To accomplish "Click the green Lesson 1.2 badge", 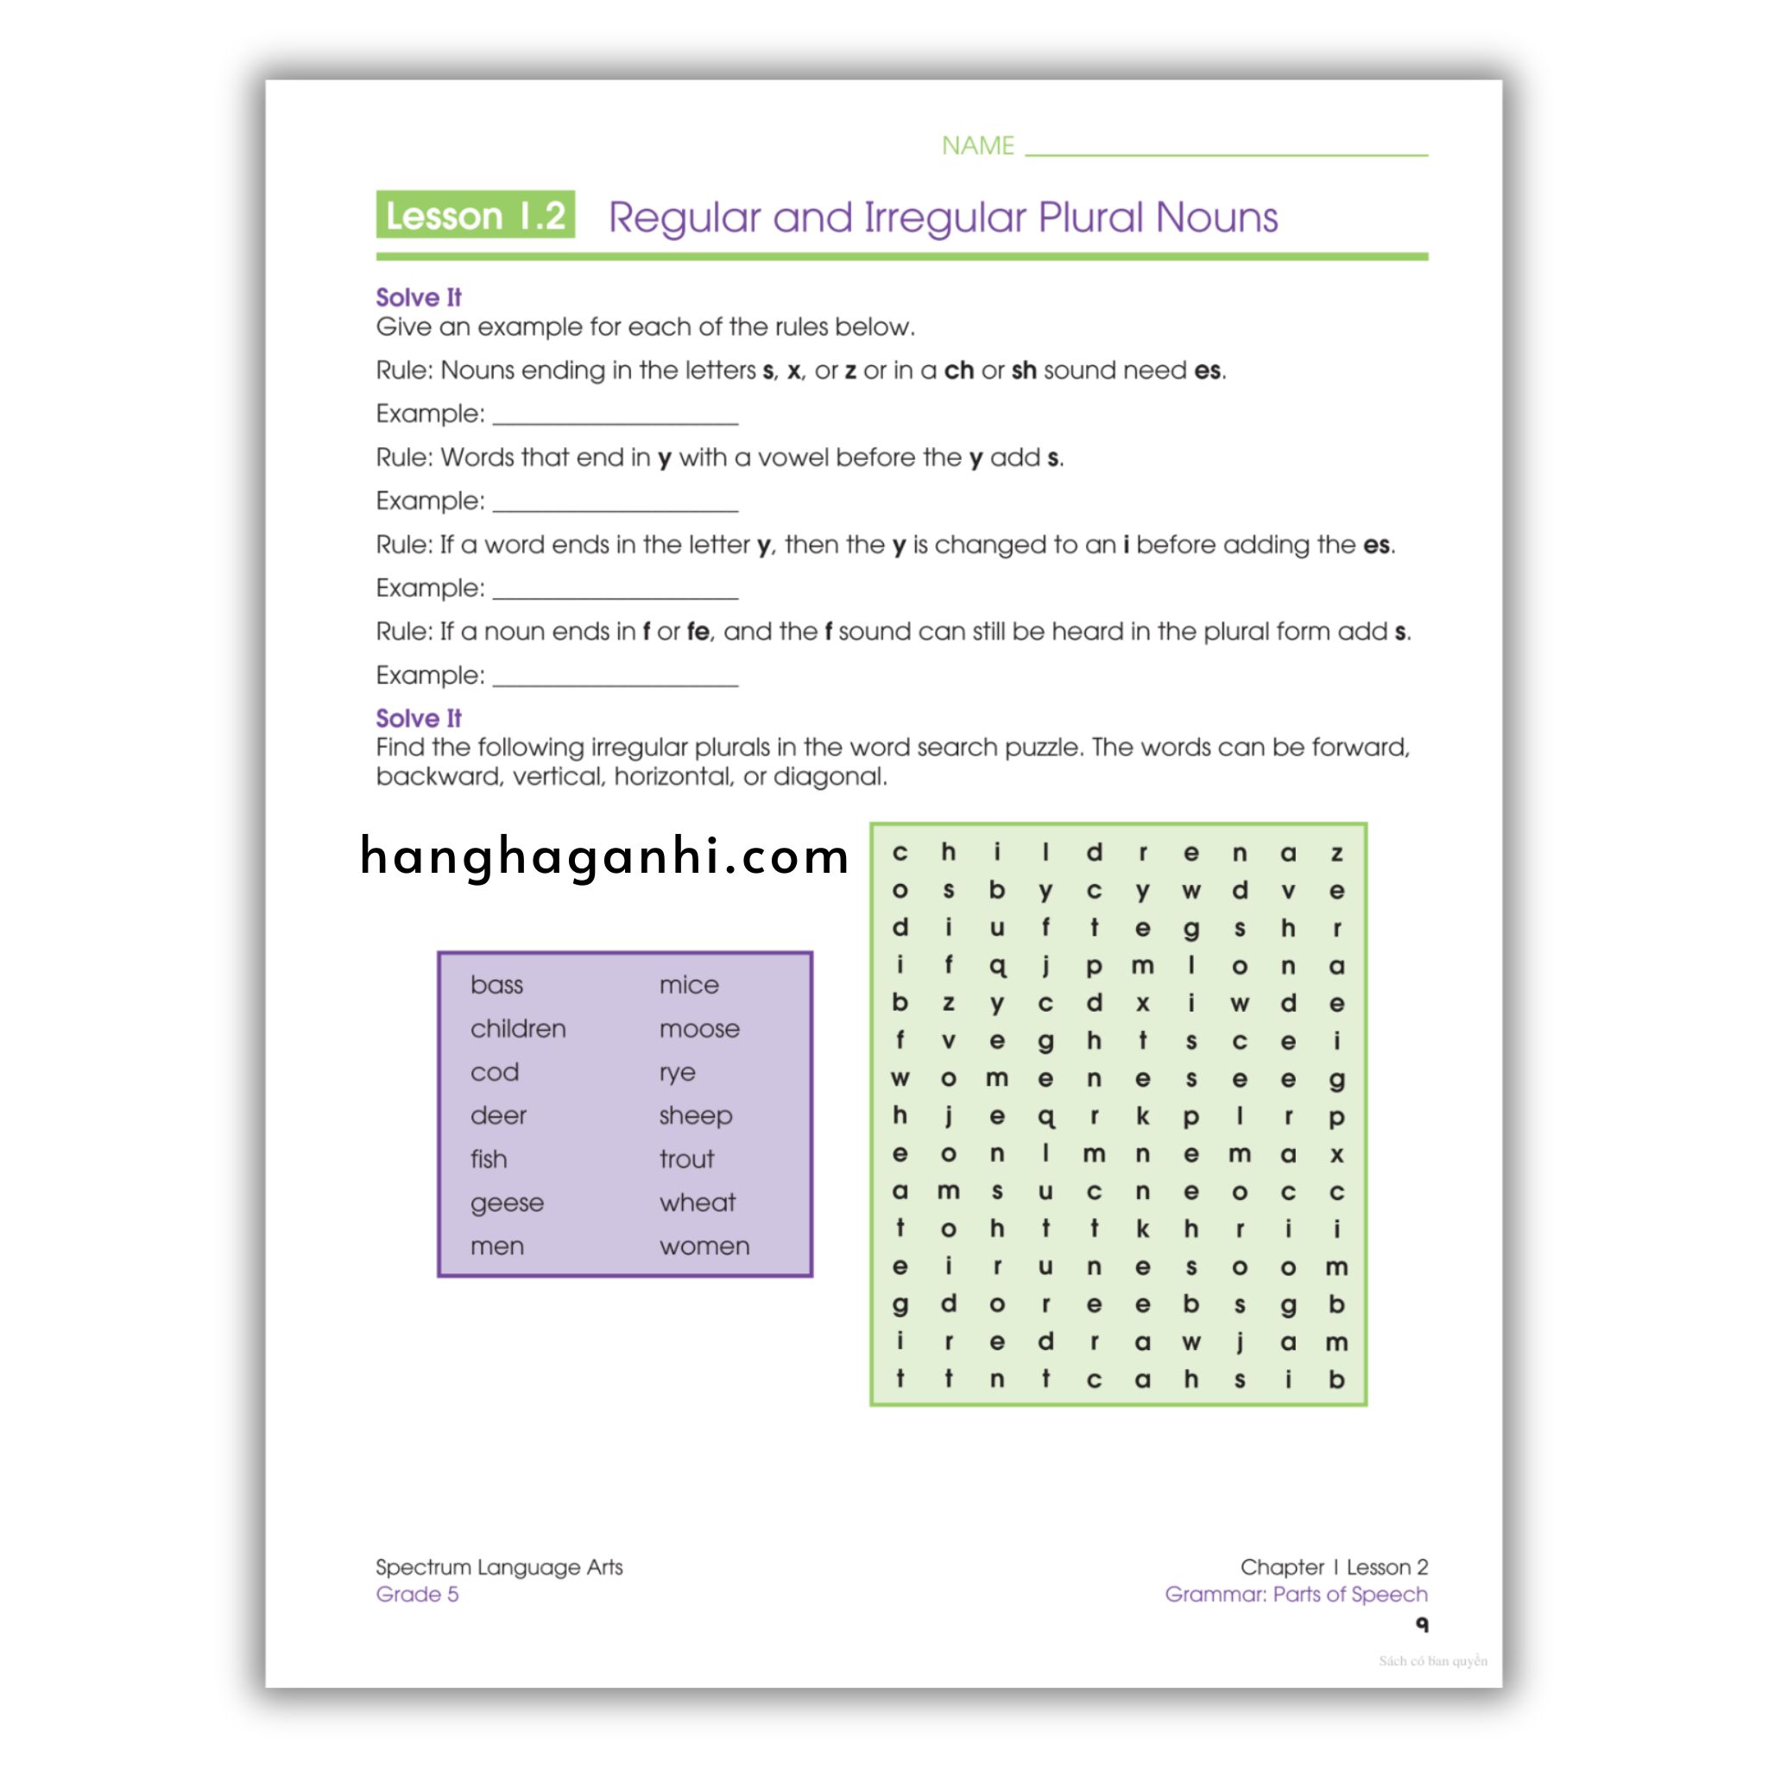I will pos(475,215).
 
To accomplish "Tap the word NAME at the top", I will pos(977,146).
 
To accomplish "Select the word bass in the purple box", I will pos(496,985).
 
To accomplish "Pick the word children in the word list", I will pos(518,1028).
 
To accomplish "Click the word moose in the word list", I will pos(699,1028).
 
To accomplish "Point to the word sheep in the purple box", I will pos(696,1115).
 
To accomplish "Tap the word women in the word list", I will pos(704,1247).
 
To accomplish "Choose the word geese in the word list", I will pos(507,1203).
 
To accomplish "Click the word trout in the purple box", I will pos(686,1159).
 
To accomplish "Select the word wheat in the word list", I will pos(698,1203).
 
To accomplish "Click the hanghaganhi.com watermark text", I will pos(605,857).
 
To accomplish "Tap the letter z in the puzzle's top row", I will pos(1336,854).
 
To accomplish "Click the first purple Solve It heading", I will pos(418,298).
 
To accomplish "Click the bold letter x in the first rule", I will pos(793,370).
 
